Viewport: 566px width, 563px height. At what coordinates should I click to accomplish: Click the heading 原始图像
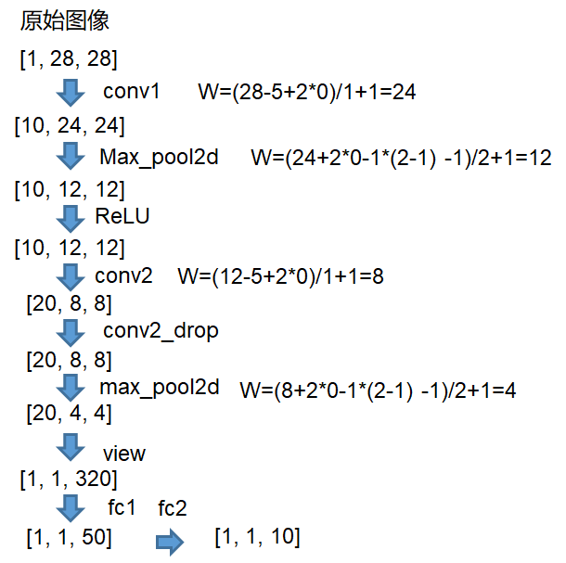coord(64,22)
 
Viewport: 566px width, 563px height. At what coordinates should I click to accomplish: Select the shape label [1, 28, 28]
coord(68,59)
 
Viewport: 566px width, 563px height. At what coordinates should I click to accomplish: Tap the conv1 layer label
coord(132,92)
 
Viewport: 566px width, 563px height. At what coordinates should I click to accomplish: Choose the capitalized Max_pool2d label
coord(159,157)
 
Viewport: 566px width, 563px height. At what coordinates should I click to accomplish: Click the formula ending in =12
coord(401,158)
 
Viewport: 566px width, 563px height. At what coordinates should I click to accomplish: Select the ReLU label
coord(122,217)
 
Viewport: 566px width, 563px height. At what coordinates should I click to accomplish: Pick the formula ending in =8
coord(280,276)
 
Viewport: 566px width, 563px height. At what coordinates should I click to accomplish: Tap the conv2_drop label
coord(161,330)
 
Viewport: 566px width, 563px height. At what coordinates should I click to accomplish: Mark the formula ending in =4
coord(378,390)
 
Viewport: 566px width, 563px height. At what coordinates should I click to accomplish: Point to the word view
coord(124,454)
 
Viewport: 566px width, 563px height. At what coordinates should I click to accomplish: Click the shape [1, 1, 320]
coord(69,480)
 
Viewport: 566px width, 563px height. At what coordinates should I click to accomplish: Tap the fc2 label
coord(173,507)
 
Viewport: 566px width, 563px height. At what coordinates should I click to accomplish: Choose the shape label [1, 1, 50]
coord(69,537)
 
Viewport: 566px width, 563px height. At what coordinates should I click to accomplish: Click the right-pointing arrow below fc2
coord(170,541)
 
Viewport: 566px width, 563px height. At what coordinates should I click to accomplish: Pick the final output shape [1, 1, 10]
coord(257,537)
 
